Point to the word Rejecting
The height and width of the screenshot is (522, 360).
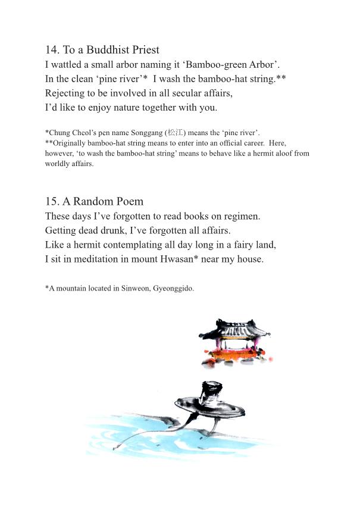pos(65,93)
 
